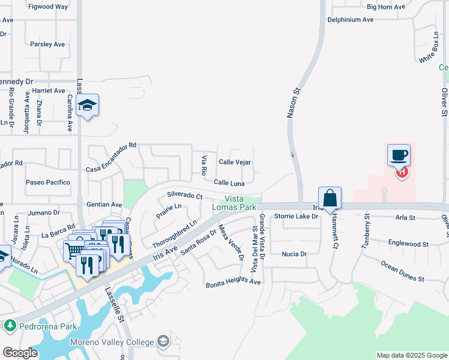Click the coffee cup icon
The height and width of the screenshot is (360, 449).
[399, 155]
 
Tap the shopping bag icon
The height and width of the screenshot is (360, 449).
[330, 197]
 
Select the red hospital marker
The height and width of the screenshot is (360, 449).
[402, 173]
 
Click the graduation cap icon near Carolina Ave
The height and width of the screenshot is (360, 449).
[88, 105]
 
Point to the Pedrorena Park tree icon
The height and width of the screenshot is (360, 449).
[10, 326]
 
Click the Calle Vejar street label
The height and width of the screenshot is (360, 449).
[235, 162]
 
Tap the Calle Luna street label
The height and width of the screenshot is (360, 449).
[229, 182]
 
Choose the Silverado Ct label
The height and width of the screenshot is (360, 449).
[185, 195]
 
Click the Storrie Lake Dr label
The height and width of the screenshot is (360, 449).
[296, 216]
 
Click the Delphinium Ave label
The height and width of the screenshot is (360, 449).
[351, 20]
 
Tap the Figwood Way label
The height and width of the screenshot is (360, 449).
[49, 7]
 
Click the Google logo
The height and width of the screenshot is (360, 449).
[20, 353]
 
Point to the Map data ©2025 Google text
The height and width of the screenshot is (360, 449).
[412, 355]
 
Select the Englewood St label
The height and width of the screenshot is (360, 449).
[408, 244]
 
